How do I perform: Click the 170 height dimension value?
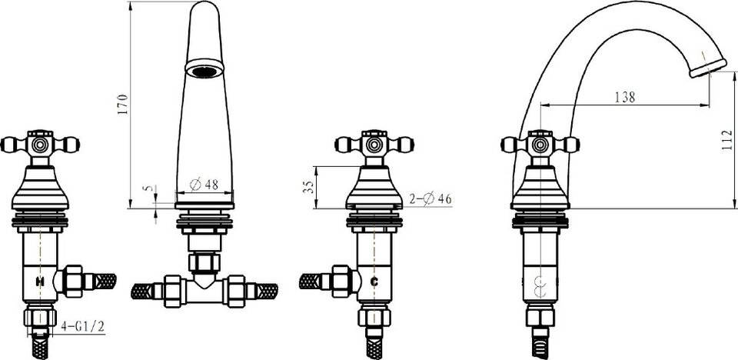[x=122, y=105]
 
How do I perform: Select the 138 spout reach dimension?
[x=625, y=97]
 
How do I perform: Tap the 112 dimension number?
[x=727, y=140]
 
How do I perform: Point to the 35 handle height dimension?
[x=308, y=187]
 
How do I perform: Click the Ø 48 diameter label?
[x=204, y=185]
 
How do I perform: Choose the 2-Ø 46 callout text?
[x=430, y=199]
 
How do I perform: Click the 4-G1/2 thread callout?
[x=83, y=327]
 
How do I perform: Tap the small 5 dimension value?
[x=149, y=188]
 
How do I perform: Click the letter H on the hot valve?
[x=40, y=282]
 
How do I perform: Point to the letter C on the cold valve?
[x=374, y=282]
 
